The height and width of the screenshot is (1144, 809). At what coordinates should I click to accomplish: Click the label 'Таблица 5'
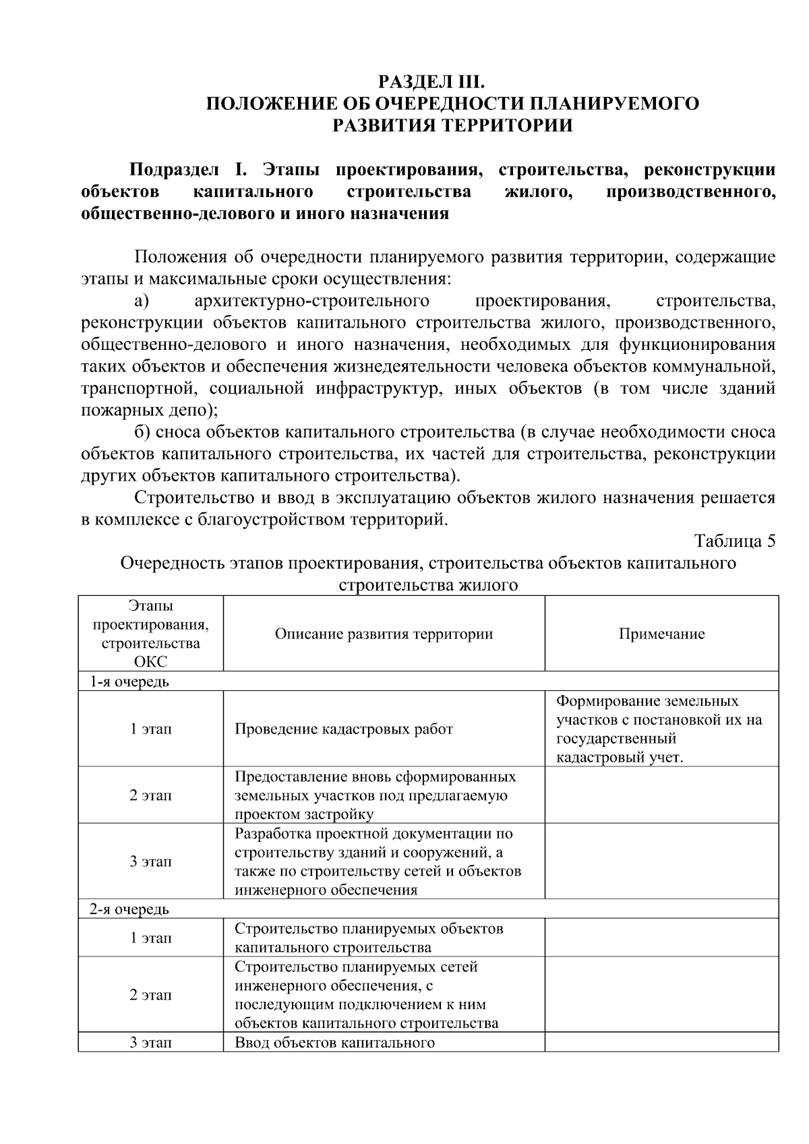point(735,541)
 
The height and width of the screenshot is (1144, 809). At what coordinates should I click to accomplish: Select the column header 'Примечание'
point(661,634)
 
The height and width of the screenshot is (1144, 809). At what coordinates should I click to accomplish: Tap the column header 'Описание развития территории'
point(384,634)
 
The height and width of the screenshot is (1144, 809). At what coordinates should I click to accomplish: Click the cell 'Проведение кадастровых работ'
point(344,729)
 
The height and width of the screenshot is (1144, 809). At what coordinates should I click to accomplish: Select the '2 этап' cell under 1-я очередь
point(151,795)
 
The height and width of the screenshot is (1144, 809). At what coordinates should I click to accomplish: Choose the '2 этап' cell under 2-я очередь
point(151,995)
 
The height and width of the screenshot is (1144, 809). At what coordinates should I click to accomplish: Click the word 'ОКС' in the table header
point(151,661)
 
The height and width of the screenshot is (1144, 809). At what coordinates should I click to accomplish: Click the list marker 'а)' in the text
point(141,300)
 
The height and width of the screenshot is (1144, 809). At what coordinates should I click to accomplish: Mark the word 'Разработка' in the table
point(268,833)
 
